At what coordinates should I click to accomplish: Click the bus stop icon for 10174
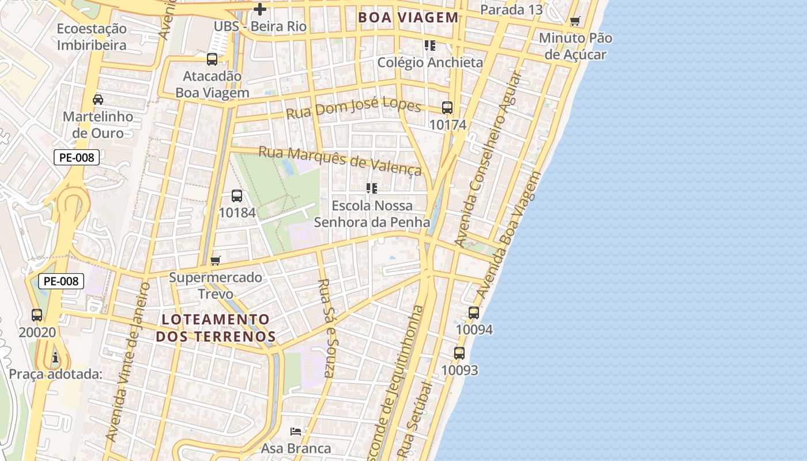point(447,108)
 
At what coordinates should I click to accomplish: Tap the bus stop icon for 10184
point(237,196)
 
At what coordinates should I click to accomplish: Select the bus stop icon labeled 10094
point(474,313)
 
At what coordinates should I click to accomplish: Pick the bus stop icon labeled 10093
point(459,353)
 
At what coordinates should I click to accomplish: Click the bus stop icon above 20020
point(37,315)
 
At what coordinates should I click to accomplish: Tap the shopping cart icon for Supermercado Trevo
point(216,260)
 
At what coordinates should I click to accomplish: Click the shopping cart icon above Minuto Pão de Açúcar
point(575,21)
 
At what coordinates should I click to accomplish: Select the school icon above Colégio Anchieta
point(429,45)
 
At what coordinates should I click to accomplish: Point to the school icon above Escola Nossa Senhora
point(372,188)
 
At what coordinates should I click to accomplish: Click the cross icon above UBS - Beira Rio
point(260,9)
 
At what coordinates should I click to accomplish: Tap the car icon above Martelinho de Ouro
point(98,100)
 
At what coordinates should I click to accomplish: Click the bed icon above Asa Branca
point(296,432)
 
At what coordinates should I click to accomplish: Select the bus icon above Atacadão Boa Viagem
point(212,59)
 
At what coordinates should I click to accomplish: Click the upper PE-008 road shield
point(77,157)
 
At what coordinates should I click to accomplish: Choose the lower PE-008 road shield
point(61,281)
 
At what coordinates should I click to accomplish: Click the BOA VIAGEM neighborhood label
point(408,17)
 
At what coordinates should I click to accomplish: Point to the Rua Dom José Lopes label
point(353,107)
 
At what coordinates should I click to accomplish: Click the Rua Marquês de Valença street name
point(340,160)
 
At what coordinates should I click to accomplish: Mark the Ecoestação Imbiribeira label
point(92,37)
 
